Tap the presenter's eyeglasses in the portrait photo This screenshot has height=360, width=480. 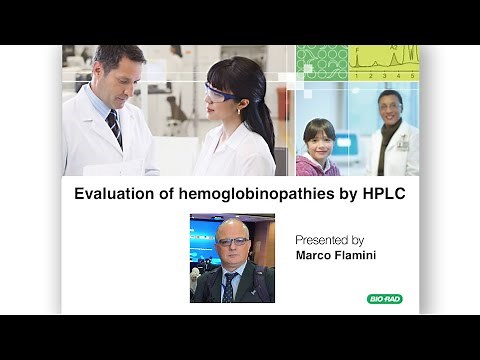coord(233,242)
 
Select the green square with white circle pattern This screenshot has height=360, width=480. coord(321,62)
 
